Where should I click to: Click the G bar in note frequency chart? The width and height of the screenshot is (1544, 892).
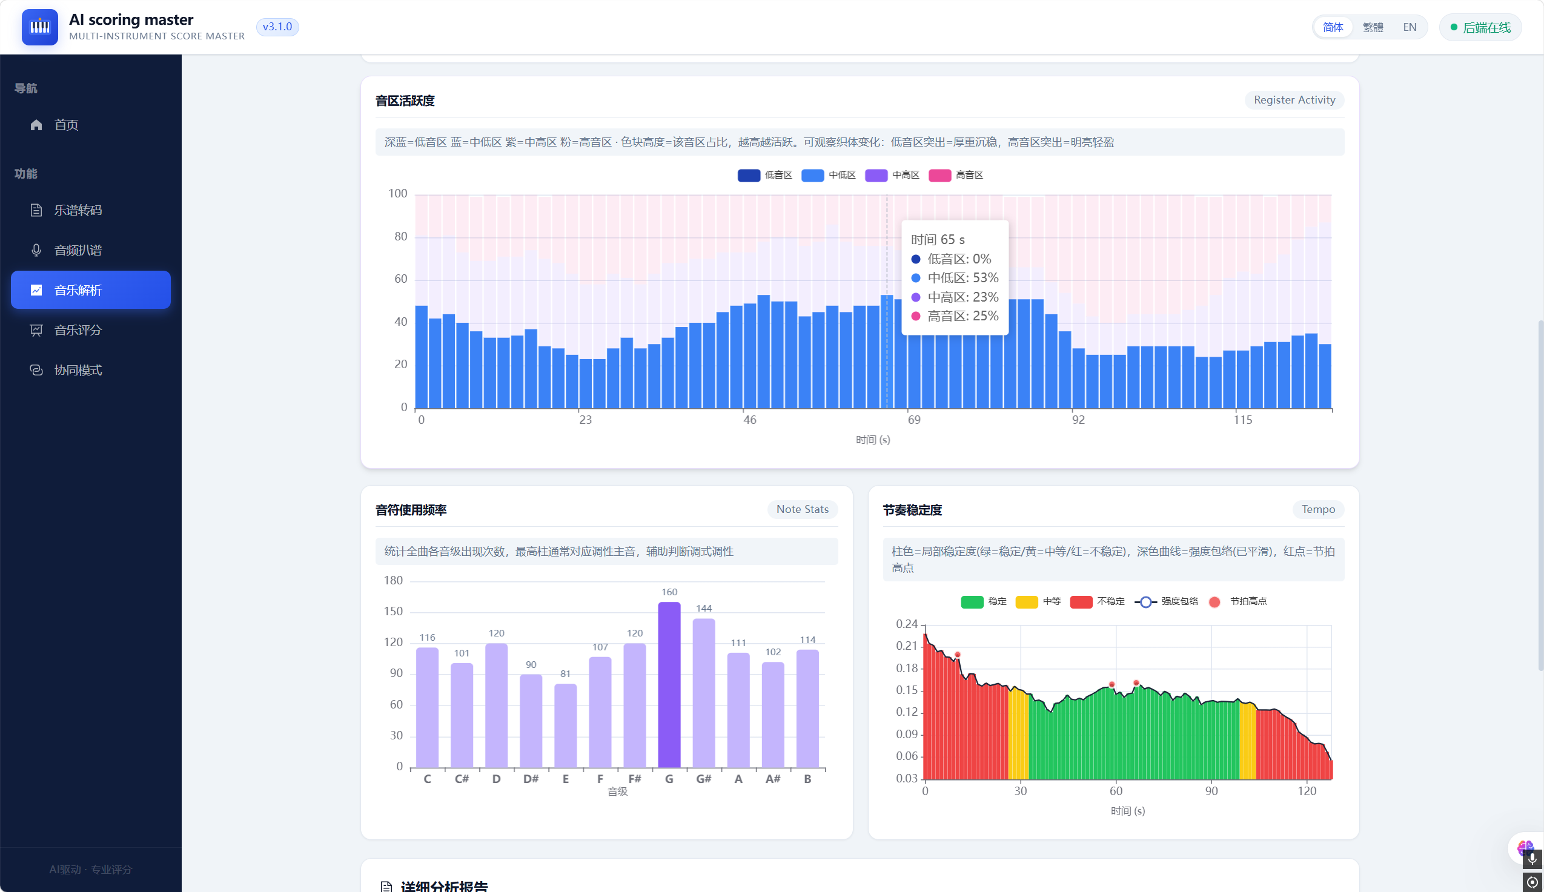point(669,684)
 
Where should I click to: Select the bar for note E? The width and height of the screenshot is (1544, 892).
point(565,725)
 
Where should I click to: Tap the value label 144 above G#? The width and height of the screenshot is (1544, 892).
point(704,609)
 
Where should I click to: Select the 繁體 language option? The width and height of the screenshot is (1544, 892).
point(1373,27)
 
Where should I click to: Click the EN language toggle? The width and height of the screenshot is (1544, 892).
point(1409,27)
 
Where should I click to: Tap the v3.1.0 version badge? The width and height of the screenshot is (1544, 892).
point(277,27)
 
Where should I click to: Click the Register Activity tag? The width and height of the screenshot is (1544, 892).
point(1294,100)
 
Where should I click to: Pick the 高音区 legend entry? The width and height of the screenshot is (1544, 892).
point(956,175)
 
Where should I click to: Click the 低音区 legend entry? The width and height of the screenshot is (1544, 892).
point(764,175)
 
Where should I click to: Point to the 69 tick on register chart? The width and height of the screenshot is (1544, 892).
point(913,420)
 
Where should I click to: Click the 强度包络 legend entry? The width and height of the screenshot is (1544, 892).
point(1166,601)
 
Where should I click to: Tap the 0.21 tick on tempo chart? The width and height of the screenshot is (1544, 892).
point(906,646)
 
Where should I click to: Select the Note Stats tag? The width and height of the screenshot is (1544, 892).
point(802,509)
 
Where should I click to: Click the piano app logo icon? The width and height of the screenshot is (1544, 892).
point(40,27)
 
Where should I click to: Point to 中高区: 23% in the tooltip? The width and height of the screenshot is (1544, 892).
point(955,297)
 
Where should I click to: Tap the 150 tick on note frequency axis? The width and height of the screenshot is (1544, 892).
point(393,612)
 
